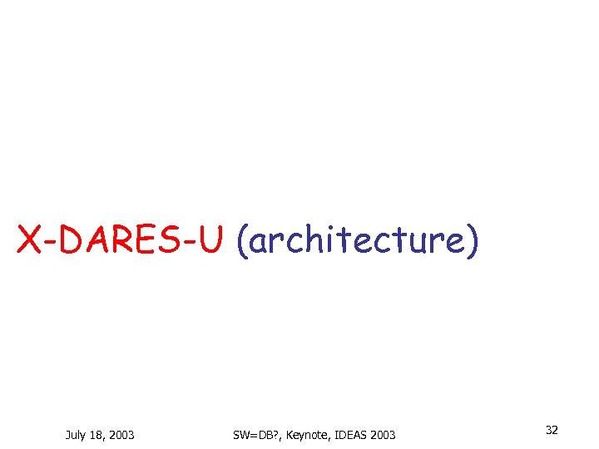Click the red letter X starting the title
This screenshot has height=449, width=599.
click(29, 240)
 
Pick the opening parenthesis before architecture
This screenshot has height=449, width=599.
click(241, 241)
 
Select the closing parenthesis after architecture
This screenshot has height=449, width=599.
click(472, 241)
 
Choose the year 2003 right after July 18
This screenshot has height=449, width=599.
click(121, 434)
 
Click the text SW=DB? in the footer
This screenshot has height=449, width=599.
click(256, 434)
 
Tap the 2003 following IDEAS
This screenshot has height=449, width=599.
click(383, 434)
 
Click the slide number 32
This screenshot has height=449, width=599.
click(552, 430)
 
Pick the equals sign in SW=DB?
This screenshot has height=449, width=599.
click(255, 434)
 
